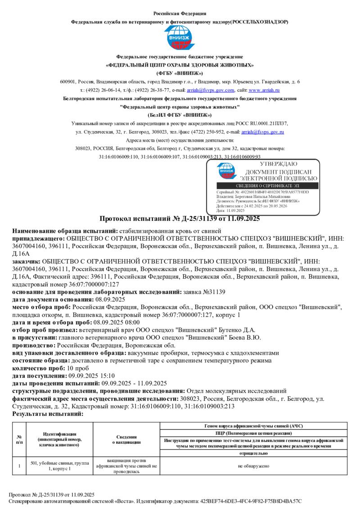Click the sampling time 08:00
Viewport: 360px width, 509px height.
point(131,322)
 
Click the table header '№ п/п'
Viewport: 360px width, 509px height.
point(19,440)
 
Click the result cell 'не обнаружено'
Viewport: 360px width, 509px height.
point(254,466)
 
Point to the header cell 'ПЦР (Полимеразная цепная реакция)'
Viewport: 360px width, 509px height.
point(254,433)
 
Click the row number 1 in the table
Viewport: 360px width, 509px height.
point(19,466)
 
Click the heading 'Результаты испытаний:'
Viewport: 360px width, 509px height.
point(48,413)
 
